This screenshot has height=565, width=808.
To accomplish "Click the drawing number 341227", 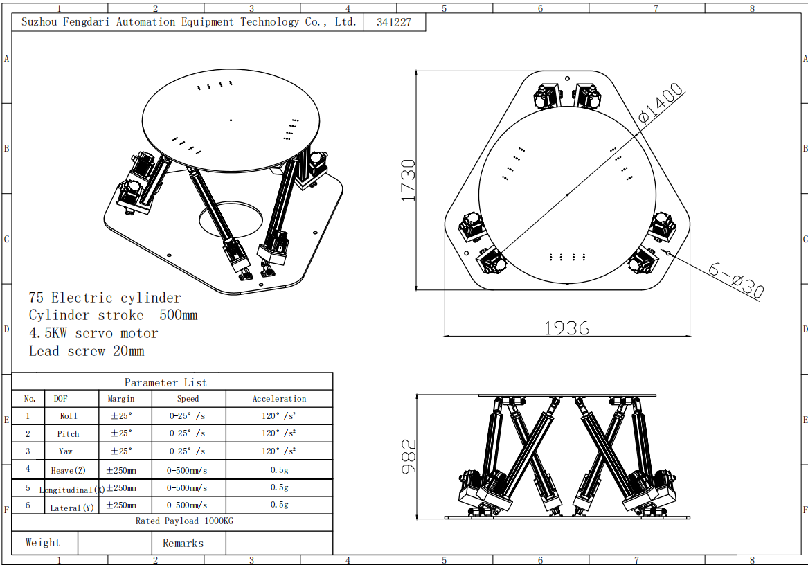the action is coord(394,22).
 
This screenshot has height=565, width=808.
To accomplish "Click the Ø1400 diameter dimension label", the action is coord(661,103).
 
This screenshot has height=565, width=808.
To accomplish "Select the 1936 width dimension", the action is coord(567,328).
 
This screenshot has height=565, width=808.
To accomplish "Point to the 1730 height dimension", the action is coord(408,181).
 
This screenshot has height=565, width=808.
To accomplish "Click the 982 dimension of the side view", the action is coord(408,456).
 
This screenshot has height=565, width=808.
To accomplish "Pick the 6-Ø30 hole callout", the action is coord(737,280).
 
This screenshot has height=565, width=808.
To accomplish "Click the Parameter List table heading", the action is coord(165,382).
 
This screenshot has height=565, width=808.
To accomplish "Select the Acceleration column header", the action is coord(279,399).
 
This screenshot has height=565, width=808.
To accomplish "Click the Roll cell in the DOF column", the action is coord(69,416).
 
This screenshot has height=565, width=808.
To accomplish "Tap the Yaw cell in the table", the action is coord(66,451).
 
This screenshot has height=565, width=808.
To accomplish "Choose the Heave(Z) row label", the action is coord(68,470).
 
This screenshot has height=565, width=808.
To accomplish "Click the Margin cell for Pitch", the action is coord(122,433).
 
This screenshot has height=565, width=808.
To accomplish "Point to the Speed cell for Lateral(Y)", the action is coord(187,505).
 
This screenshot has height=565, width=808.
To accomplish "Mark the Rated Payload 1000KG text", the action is coord(184,521).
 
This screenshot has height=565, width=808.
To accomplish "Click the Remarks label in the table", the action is coord(183,544).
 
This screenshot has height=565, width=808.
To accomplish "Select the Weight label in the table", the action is coord(43,542).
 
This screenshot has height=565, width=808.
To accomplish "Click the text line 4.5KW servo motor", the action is coord(93,333).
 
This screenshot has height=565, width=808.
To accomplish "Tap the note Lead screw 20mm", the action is coord(87,351).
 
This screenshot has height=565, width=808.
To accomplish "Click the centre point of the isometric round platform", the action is coord(231,120).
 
